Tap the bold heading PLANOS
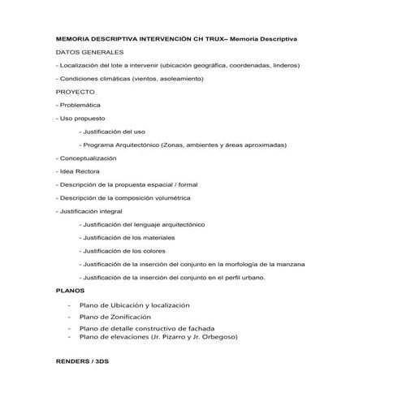[69, 289]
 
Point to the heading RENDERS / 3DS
[82, 361]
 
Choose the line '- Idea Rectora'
[77, 171]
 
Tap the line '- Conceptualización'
[88, 158]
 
